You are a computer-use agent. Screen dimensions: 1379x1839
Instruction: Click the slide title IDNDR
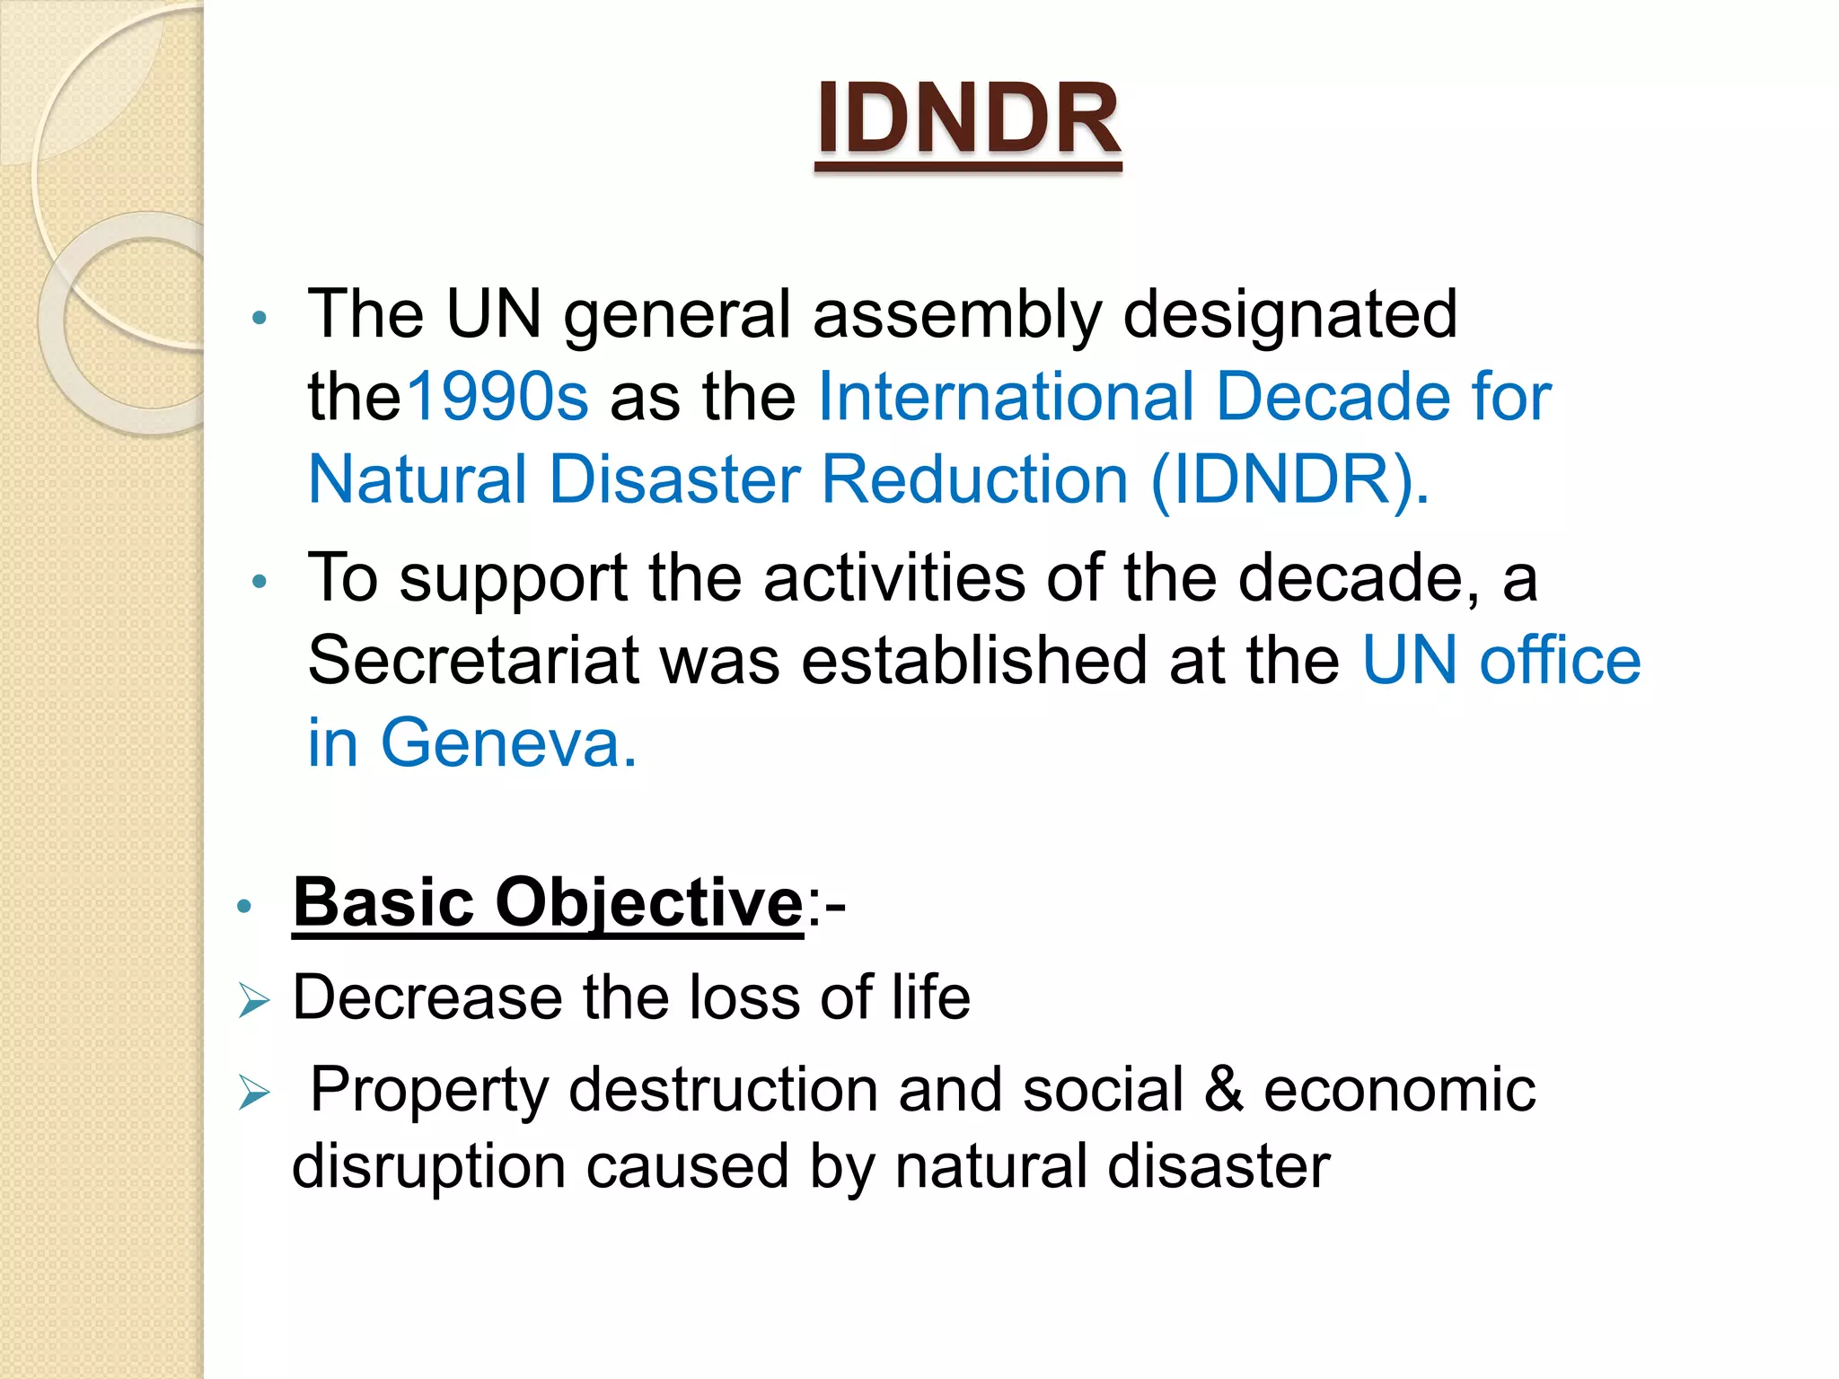pyautogui.click(x=968, y=119)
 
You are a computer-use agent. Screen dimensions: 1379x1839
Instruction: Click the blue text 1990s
pyautogui.click(x=497, y=397)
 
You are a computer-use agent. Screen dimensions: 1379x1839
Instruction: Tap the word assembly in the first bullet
pyautogui.click(x=957, y=314)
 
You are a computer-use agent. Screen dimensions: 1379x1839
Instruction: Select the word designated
pyautogui.click(x=1290, y=314)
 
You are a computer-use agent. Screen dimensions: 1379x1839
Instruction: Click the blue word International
pyautogui.click(x=1007, y=397)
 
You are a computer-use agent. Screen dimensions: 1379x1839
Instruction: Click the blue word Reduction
pyautogui.click(x=974, y=479)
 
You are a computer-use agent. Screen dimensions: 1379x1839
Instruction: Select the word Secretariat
pyautogui.click(x=473, y=661)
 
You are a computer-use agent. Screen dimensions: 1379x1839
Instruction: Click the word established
pyautogui.click(x=974, y=661)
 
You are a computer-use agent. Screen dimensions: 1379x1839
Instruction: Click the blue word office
pyautogui.click(x=1560, y=661)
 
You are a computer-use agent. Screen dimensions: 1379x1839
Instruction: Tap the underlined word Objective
pyautogui.click(x=648, y=902)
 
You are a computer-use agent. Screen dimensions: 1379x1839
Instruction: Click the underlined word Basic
pyautogui.click(x=383, y=902)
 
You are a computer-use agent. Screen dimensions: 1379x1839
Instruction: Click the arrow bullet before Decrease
pyautogui.click(x=254, y=1000)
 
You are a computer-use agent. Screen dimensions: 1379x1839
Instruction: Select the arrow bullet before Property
pyautogui.click(x=254, y=1093)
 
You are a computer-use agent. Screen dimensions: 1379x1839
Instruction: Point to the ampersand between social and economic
pyautogui.click(x=1224, y=1090)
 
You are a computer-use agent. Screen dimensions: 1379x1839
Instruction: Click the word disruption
pyautogui.click(x=428, y=1167)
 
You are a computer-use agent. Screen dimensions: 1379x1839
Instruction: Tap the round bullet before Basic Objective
pyautogui.click(x=243, y=906)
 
